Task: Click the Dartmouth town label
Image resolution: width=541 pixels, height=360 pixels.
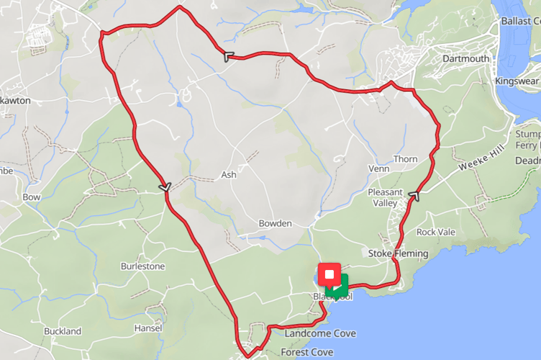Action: tap(465, 58)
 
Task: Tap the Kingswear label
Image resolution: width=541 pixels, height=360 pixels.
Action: tap(517, 81)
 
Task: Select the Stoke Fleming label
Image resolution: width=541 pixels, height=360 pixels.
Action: tap(398, 253)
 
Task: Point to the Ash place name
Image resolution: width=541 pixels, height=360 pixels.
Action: tap(229, 174)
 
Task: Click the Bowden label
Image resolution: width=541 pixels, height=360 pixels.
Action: tap(275, 223)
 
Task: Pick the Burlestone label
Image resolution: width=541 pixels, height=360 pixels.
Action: tap(142, 266)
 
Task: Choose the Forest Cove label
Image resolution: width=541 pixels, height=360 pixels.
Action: tap(306, 352)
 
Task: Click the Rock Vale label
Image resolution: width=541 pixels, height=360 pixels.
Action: tap(436, 232)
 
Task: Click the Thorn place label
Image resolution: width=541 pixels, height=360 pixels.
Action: tap(405, 159)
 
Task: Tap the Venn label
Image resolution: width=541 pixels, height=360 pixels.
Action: tap(378, 168)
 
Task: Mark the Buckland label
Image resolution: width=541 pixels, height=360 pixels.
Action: tap(63, 331)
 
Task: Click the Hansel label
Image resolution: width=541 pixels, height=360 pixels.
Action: tap(148, 328)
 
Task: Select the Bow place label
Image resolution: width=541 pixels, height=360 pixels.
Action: tap(32, 197)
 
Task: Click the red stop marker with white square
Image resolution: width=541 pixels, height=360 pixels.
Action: tap(329, 274)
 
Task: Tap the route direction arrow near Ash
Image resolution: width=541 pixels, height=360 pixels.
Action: tap(165, 186)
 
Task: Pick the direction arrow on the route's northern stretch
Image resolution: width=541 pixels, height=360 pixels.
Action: tap(228, 56)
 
